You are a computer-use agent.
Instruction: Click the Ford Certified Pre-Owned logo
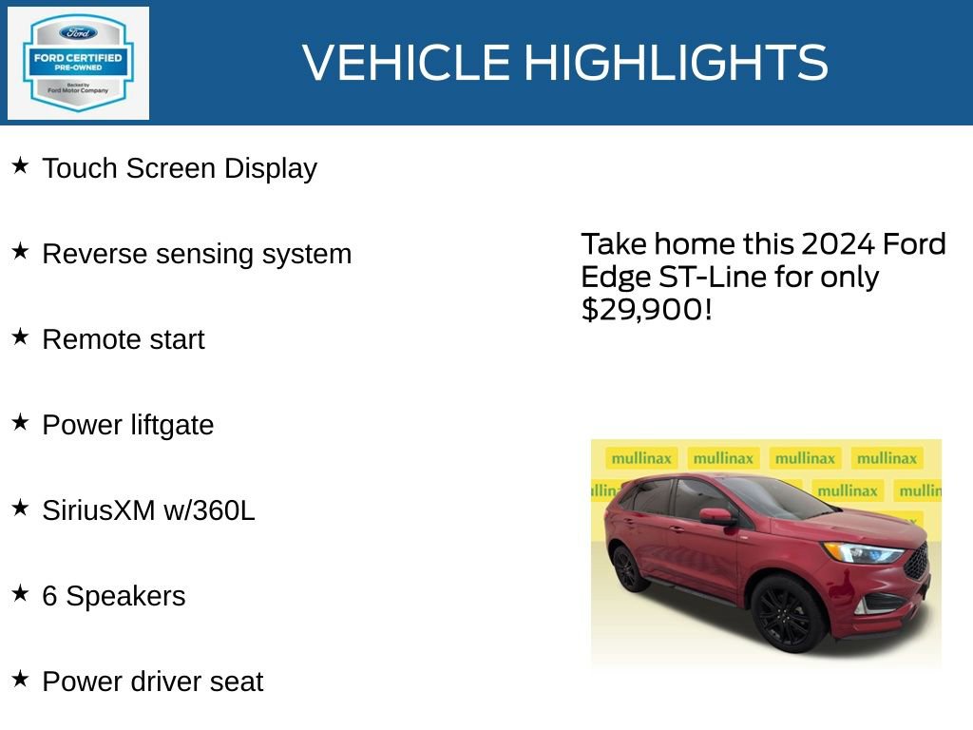78,63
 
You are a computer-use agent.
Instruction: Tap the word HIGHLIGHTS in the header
677,63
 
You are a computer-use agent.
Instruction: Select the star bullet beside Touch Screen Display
20,165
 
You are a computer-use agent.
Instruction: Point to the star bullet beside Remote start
20,336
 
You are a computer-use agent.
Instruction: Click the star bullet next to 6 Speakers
20,593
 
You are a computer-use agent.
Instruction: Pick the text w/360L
209,510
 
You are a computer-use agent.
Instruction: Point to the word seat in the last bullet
238,682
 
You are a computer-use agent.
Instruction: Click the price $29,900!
646,309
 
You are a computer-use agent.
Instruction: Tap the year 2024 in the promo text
838,244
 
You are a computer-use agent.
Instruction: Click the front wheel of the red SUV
786,613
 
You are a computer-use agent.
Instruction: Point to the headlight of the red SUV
862,552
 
